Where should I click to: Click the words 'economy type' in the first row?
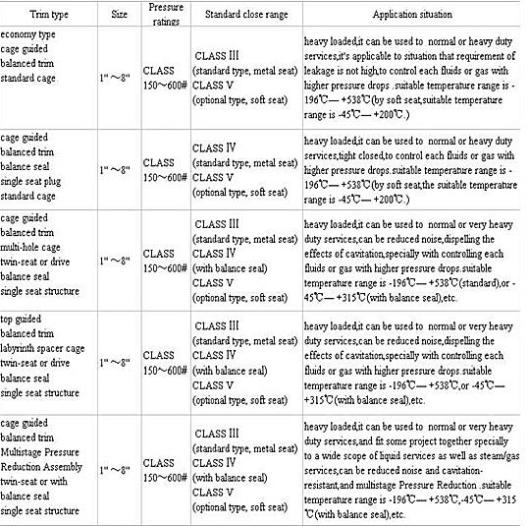33,35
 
